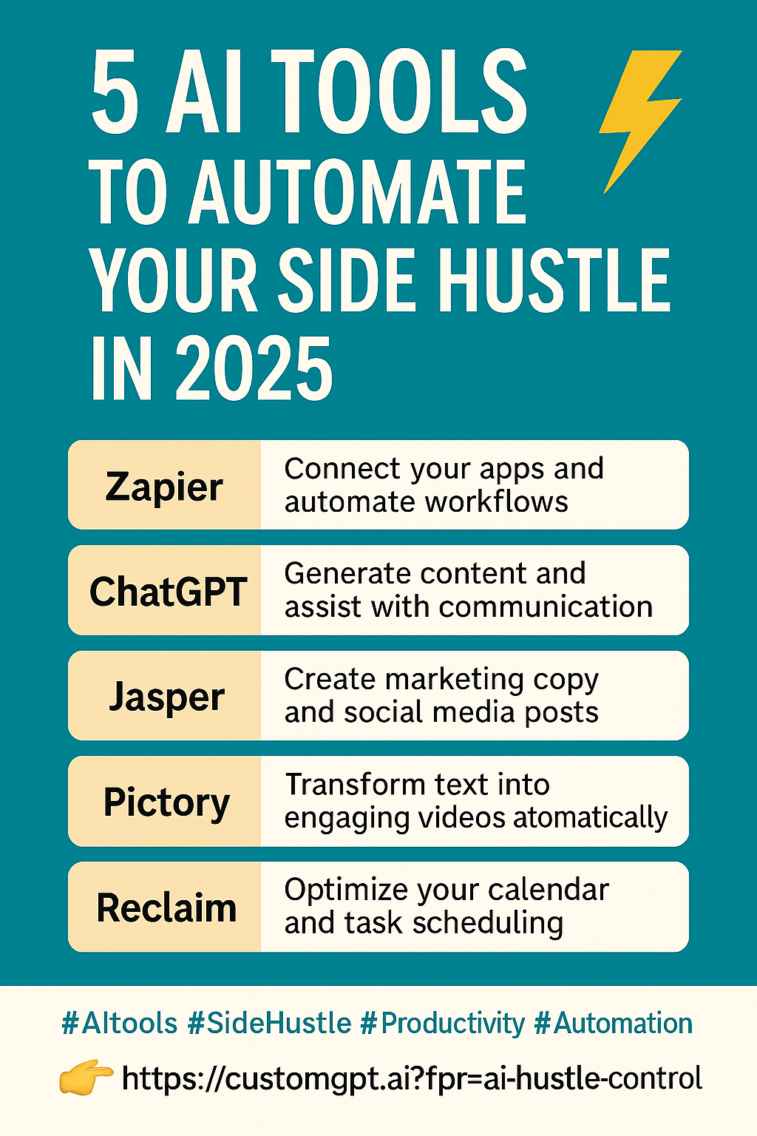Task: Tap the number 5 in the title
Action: (x=115, y=92)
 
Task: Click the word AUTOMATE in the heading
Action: (x=359, y=191)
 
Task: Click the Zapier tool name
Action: (x=164, y=487)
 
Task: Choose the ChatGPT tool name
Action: (x=169, y=592)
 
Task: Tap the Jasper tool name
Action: (x=166, y=698)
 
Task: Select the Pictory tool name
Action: (x=167, y=802)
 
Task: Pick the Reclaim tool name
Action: (x=167, y=907)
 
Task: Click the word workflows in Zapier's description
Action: (x=496, y=502)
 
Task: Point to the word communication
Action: (x=546, y=606)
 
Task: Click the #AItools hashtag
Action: (x=119, y=1023)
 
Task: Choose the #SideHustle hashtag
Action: (x=269, y=1023)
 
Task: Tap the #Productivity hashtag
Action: (x=443, y=1024)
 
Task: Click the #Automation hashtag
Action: (x=614, y=1023)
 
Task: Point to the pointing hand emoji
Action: (x=86, y=1077)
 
